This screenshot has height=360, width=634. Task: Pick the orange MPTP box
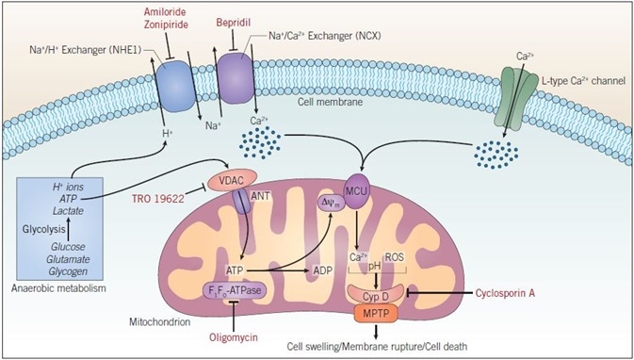point(377,311)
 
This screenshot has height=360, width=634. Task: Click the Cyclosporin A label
point(532,293)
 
